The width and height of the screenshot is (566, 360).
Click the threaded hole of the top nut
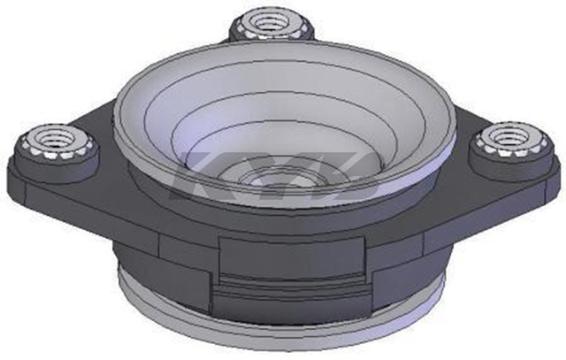click(x=270, y=24)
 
